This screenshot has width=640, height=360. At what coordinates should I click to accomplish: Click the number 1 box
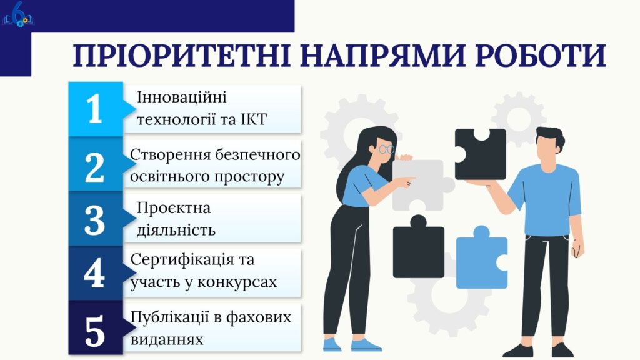click(96, 109)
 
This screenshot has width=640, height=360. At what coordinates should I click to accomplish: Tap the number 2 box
click(96, 164)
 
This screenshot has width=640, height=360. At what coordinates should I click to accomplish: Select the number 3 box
click(96, 219)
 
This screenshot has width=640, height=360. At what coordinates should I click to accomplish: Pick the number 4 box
click(96, 273)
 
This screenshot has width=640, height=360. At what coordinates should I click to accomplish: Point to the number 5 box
click(96, 327)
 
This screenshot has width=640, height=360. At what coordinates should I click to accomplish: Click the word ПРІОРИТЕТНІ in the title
click(181, 55)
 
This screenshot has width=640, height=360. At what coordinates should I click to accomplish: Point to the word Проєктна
click(174, 208)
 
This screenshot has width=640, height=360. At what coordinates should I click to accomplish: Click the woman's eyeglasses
click(386, 149)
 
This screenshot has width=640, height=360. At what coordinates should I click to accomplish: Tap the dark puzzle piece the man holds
click(480, 154)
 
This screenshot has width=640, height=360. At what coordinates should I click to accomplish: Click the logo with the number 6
click(19, 15)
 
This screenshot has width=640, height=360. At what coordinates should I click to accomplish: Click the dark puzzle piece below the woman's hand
click(418, 249)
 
